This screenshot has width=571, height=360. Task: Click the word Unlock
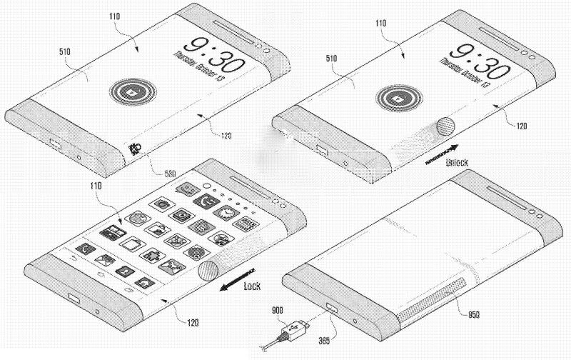[457, 163]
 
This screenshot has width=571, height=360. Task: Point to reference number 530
[170, 172]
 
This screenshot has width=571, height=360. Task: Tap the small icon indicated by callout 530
[134, 149]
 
